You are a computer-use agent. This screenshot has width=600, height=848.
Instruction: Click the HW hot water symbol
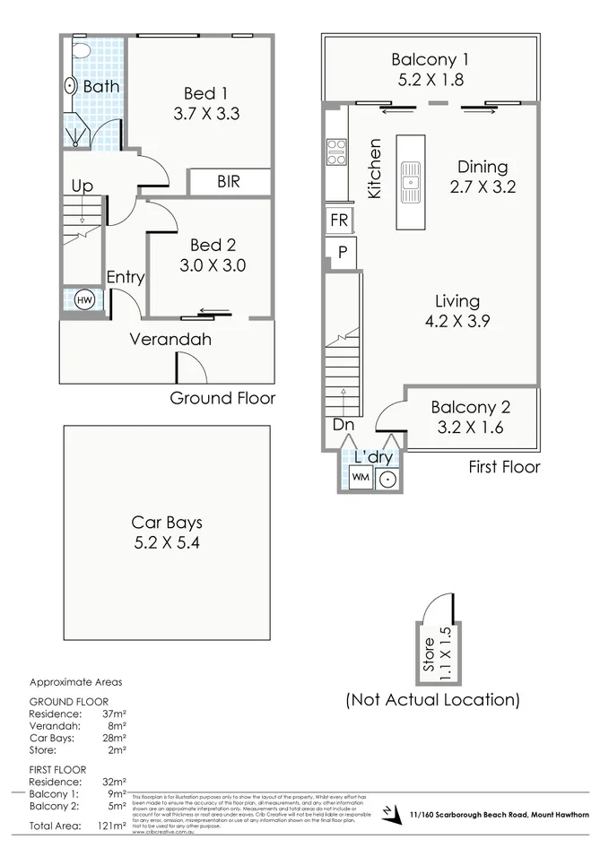(84, 300)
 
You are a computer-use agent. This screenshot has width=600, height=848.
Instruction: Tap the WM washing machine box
(361, 478)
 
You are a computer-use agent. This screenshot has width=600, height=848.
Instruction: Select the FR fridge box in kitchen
(340, 221)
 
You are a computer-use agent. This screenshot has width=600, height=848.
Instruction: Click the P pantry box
(342, 253)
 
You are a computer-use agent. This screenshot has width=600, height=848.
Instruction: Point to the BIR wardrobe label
(229, 181)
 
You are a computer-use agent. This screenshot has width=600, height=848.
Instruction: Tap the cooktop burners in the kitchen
(336, 152)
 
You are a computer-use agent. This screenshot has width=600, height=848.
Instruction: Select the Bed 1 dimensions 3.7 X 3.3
(206, 114)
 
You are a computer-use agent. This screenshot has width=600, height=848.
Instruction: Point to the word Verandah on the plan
(170, 340)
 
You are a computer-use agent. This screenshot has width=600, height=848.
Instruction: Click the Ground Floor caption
(222, 398)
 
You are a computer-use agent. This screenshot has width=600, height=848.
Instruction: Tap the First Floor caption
(504, 467)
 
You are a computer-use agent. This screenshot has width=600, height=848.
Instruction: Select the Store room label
(429, 653)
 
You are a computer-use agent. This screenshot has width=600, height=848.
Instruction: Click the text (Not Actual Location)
(432, 699)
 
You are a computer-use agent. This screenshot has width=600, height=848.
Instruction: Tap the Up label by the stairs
(82, 186)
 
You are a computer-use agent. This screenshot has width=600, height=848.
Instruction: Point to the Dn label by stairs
(343, 425)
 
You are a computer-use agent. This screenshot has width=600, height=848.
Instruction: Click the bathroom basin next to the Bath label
(71, 86)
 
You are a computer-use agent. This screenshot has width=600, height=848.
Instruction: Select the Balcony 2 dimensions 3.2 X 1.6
(466, 428)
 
